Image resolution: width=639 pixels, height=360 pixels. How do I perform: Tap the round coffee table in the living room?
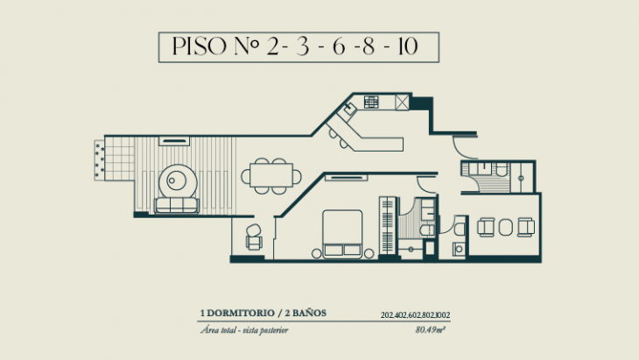click(x=179, y=181)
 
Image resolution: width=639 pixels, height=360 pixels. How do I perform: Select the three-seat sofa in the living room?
click(x=176, y=206)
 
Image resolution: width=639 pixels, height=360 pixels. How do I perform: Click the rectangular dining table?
click(x=270, y=172)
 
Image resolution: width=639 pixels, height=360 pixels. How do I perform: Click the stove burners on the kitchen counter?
click(x=371, y=102)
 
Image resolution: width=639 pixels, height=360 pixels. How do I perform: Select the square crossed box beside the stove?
click(x=402, y=102)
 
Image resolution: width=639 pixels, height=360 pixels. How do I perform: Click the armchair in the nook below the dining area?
click(x=254, y=235)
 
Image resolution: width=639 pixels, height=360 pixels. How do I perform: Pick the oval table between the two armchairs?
click(x=505, y=227)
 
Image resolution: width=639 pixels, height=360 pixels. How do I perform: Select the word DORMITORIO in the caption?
click(x=241, y=314)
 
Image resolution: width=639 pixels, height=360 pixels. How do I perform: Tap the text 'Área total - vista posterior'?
click(x=245, y=330)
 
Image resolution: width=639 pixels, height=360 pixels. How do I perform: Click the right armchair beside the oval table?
click(x=527, y=227)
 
